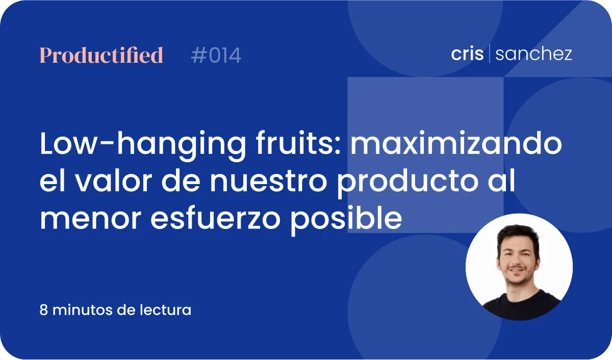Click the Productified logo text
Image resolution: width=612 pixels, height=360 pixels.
pos(101,55)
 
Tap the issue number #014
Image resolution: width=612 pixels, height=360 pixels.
pos(216,56)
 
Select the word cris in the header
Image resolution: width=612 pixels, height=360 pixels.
pos(467,54)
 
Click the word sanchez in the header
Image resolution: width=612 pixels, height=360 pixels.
pos(533,54)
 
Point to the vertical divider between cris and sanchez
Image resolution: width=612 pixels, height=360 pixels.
pos(489,53)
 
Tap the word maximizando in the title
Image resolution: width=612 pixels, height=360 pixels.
pos(456,144)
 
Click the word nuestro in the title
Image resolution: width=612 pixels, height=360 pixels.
pos(268,182)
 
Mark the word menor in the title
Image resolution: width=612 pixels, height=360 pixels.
pos(91,219)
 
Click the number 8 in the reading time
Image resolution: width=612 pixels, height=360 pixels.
pos(44,310)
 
